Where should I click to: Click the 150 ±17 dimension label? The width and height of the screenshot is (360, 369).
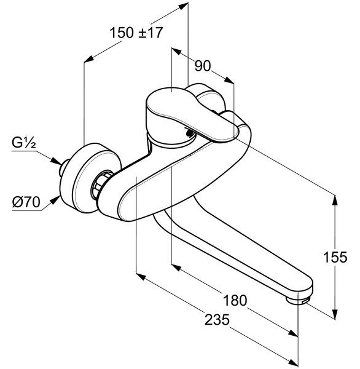(x=136, y=33)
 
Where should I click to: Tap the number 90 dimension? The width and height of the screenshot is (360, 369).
(x=203, y=66)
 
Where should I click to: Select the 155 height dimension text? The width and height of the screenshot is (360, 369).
(x=335, y=256)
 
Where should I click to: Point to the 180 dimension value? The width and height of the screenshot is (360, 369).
(x=235, y=300)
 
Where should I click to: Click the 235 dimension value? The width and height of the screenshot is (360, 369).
(x=217, y=320)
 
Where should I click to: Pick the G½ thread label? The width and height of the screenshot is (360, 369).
(x=24, y=143)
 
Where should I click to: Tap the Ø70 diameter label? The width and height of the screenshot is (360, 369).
(x=26, y=202)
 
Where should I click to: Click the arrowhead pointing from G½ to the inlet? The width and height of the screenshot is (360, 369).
(x=57, y=161)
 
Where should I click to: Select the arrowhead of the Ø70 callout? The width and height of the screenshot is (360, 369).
(x=55, y=200)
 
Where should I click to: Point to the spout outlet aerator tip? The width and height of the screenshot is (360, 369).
(x=299, y=301)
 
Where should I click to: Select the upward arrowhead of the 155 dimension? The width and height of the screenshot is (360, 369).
(x=335, y=200)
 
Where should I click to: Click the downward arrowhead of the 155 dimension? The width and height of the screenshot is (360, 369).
(x=335, y=314)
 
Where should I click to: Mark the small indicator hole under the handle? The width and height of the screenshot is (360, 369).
(x=189, y=133)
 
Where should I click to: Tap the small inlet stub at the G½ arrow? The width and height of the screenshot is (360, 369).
(x=64, y=167)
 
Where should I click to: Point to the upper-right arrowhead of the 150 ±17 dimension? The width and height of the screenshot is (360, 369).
(x=183, y=6)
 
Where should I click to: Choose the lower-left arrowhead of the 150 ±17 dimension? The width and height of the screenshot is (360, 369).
(x=89, y=59)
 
